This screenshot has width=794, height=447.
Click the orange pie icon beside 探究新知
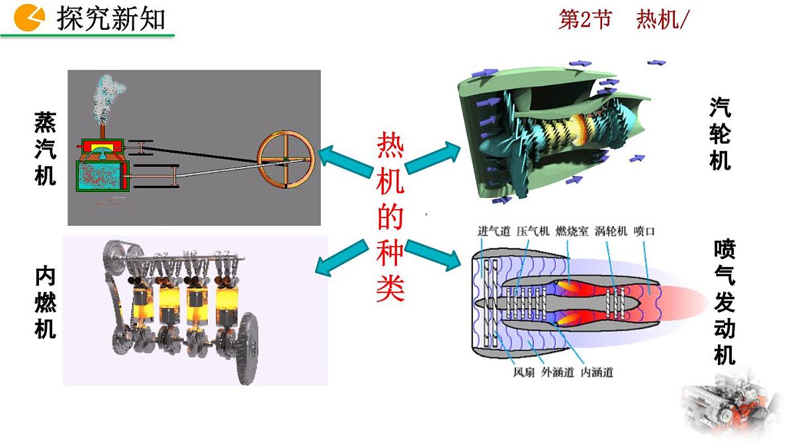click(x=29, y=17)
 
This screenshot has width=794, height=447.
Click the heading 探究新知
click(x=111, y=19)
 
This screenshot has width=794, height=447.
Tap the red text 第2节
click(x=585, y=19)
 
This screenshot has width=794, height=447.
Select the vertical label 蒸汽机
click(x=46, y=148)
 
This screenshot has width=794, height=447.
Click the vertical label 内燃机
click(x=46, y=303)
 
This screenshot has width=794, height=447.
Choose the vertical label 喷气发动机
click(x=725, y=302)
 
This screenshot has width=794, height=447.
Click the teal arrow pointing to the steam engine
click(x=345, y=161)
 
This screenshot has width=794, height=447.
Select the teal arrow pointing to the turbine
click(x=433, y=157)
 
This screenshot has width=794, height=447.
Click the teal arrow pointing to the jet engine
click(x=433, y=255)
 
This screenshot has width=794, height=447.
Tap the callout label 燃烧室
click(x=572, y=231)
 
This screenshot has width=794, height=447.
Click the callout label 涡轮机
click(x=611, y=231)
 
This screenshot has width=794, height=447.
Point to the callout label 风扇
click(x=524, y=372)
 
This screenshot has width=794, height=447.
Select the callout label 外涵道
click(x=558, y=372)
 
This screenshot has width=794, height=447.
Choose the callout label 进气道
click(x=494, y=231)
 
